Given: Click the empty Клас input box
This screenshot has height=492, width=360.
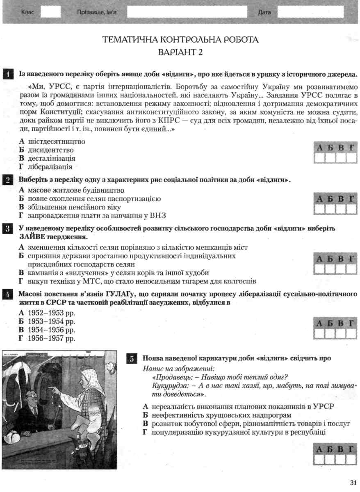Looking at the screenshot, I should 51,12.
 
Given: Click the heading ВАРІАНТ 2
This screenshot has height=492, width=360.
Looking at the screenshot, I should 180,52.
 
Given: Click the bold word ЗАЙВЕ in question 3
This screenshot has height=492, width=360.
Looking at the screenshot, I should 33,237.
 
